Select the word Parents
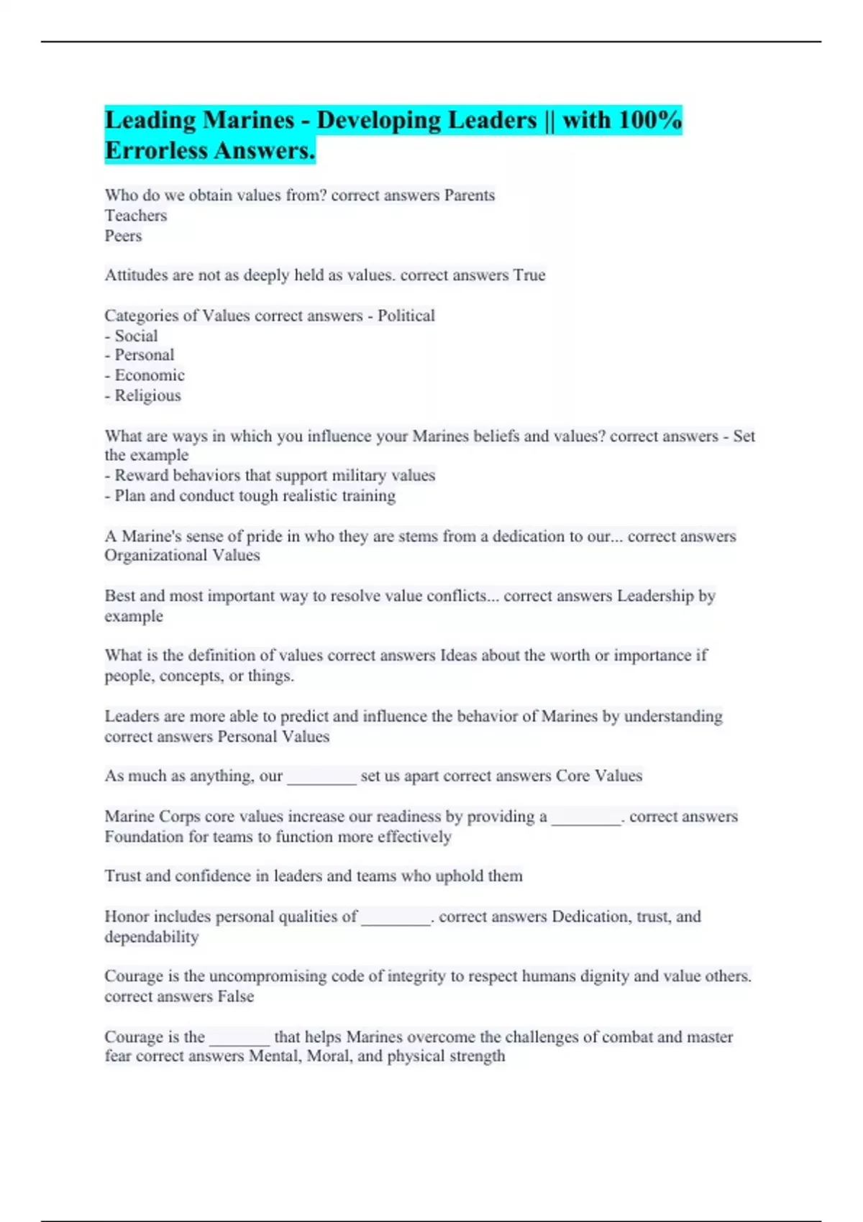[469, 196]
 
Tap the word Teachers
[135, 216]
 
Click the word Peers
[123, 236]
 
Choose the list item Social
[136, 336]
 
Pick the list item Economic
[149, 375]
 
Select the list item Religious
[147, 395]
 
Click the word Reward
[139, 475]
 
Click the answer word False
[235, 997]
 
